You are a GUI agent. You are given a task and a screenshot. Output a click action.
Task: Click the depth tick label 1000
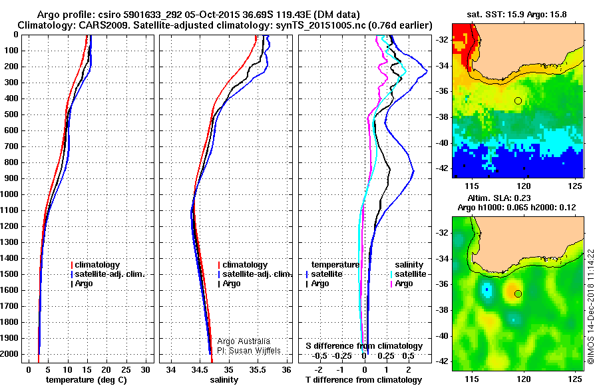[x=9, y=194]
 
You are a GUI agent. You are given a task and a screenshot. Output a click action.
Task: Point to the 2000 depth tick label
[x=9, y=354]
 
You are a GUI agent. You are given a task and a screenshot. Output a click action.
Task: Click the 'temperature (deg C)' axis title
[x=87, y=380]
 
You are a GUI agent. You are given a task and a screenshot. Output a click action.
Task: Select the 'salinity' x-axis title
[x=224, y=380]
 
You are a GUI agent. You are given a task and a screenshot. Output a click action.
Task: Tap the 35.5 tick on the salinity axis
[x=257, y=370]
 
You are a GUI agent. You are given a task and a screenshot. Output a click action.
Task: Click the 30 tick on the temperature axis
[x=145, y=370]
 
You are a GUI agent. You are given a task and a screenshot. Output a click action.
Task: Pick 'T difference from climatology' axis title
[x=363, y=380]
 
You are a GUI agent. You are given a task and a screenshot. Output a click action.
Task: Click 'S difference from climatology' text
[x=364, y=346]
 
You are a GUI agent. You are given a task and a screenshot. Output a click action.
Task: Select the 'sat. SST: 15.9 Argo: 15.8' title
[x=516, y=15]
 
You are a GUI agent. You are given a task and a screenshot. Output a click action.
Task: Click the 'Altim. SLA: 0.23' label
[x=499, y=198]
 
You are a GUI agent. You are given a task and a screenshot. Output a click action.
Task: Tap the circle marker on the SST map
[x=518, y=101]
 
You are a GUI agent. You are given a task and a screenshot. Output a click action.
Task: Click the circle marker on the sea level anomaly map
[x=518, y=294]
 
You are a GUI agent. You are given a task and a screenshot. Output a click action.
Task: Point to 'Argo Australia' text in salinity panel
[x=244, y=341]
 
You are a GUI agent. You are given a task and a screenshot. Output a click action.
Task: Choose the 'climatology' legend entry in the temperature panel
[x=95, y=265]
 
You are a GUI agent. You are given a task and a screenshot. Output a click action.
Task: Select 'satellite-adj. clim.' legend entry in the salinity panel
[x=255, y=274]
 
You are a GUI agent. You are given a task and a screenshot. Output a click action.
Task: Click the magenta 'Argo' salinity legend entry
[x=401, y=284]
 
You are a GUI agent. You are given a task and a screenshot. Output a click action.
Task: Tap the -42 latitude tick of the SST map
[x=443, y=168]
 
